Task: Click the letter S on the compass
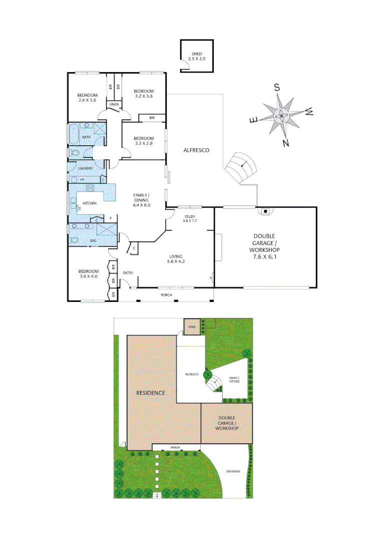click(276, 87)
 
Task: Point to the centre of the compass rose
click(281, 115)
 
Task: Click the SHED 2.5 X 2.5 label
click(197, 56)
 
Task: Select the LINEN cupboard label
click(114, 104)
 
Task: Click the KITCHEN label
click(90, 203)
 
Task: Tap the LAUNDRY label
click(85, 168)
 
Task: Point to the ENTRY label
click(128, 272)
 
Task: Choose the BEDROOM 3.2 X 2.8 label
click(143, 140)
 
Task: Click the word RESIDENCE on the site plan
click(151, 393)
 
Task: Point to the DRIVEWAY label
click(233, 471)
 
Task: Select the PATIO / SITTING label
click(234, 379)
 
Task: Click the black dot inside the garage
click(265, 211)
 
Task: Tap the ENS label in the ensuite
click(93, 240)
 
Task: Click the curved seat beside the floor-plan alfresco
click(242, 167)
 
